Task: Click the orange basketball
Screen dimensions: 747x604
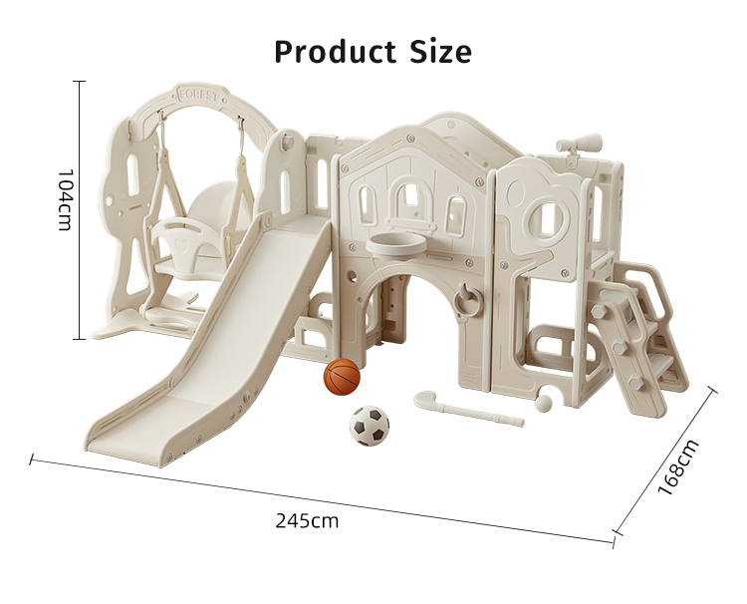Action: tap(342, 377)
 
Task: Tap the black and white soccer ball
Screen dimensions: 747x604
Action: tap(370, 426)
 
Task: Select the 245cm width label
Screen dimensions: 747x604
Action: tap(307, 521)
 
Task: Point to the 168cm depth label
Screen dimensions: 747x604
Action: tap(678, 467)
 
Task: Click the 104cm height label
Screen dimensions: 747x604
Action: tap(64, 199)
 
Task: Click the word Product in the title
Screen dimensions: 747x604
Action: tap(335, 52)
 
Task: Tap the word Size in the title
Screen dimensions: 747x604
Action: tap(440, 52)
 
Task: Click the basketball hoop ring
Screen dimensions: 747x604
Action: tap(395, 244)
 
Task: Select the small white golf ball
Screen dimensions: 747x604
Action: tap(544, 403)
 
